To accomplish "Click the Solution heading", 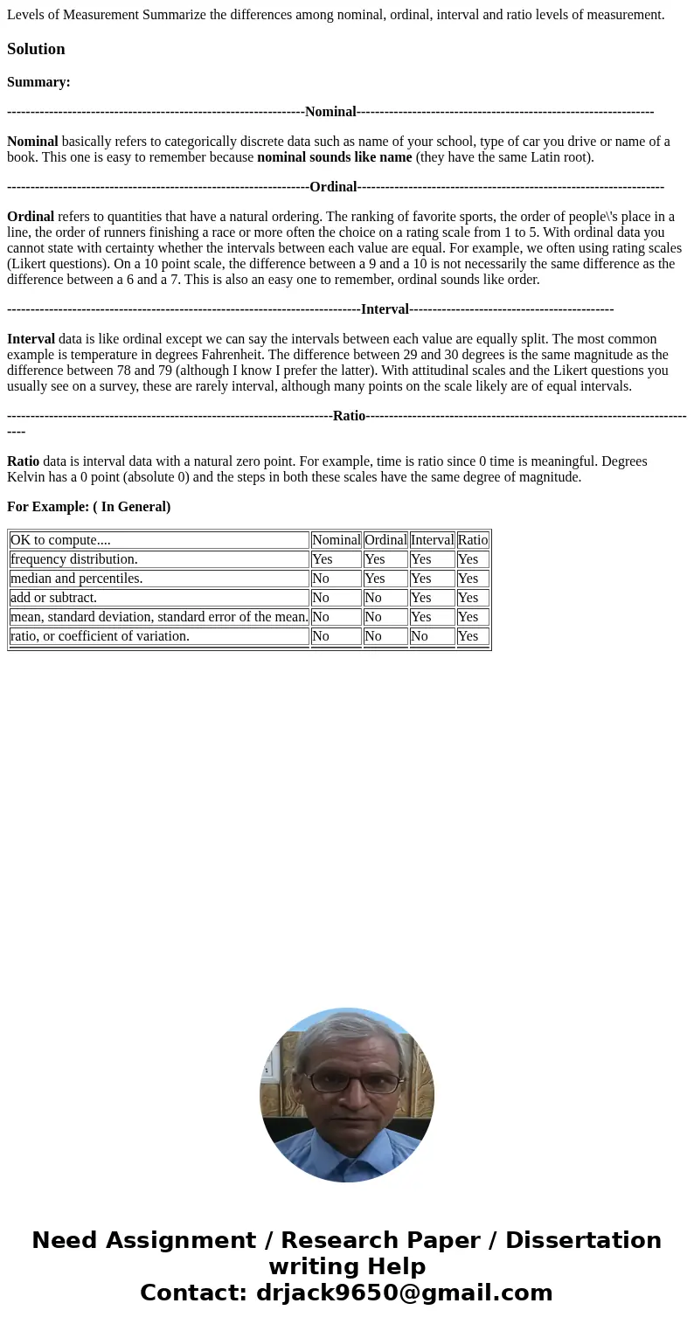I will point(36,49).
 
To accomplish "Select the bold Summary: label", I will point(38,82).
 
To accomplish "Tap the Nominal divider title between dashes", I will point(330,112).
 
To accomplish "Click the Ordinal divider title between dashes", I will point(333,187).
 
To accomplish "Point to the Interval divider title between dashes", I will point(385,309).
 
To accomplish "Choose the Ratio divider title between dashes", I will point(349,416).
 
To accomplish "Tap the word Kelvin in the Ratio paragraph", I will point(27,477).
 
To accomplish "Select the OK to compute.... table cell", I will point(159,540).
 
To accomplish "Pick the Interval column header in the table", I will point(432,540).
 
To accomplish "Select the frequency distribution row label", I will point(74,559).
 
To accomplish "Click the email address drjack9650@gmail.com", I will point(404,1293).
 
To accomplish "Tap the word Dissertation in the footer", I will point(583,1241).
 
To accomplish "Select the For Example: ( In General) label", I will point(88,507).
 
